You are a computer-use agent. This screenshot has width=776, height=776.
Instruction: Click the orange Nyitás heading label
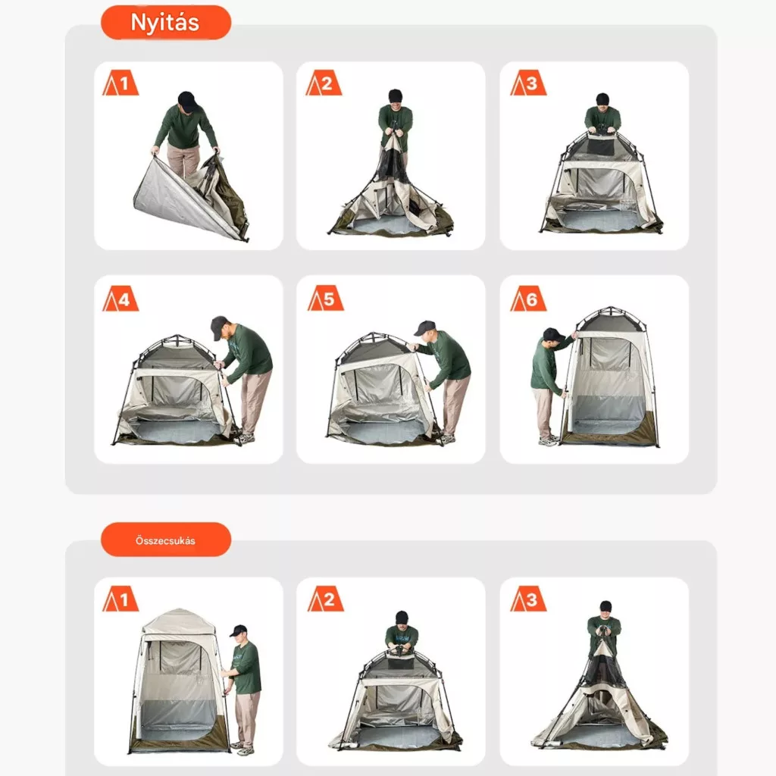click(166, 22)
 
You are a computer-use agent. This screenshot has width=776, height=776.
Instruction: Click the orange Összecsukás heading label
click(166, 540)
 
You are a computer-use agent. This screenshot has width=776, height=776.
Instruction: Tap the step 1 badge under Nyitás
click(120, 83)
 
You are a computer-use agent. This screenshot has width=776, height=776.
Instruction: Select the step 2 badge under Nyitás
click(324, 83)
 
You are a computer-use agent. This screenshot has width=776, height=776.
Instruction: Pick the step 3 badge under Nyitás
click(528, 83)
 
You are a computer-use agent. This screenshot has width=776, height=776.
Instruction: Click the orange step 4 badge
click(120, 299)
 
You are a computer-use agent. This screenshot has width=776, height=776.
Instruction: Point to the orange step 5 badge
click(325, 299)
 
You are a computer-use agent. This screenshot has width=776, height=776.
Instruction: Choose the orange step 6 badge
click(528, 299)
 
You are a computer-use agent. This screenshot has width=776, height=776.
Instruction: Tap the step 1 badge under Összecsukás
click(120, 599)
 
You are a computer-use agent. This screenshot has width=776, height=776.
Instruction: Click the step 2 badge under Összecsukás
click(325, 599)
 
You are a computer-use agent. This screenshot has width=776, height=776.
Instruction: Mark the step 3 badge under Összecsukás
click(528, 599)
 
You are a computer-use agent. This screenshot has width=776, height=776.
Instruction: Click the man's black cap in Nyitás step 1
click(188, 101)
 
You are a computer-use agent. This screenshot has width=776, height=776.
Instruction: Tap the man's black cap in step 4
click(219, 327)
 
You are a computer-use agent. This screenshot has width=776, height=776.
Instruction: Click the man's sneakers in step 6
click(549, 441)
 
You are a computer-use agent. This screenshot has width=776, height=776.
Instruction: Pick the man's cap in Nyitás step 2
click(395, 95)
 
